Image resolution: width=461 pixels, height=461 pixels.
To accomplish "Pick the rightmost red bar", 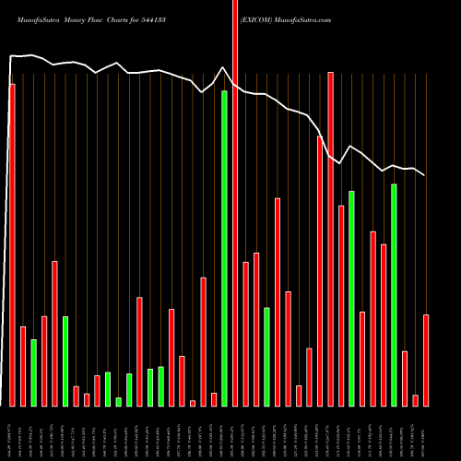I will [x=426, y=360].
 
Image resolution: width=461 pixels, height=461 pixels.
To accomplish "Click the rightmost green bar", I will [x=394, y=295].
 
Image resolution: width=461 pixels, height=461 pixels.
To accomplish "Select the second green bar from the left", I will [x=65, y=361].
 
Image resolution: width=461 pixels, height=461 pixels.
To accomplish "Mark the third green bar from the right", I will [x=266, y=356].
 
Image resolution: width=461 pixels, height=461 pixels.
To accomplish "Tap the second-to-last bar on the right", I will [x=415, y=400].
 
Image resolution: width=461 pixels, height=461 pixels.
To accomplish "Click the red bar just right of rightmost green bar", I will [x=405, y=378].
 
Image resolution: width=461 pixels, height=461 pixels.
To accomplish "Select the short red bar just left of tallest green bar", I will [x=213, y=399].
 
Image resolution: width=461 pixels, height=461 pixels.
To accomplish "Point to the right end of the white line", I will [x=425, y=175].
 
